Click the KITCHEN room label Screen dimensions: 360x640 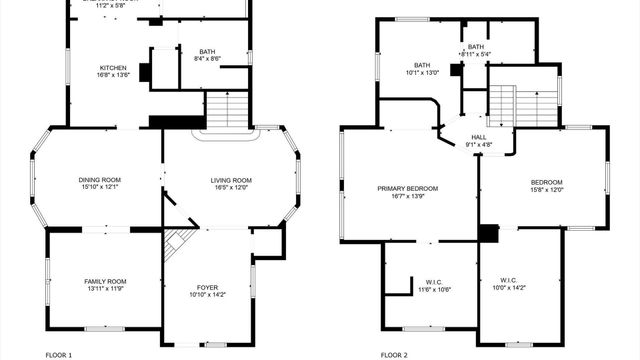[113, 67]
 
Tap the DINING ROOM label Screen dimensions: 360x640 [99, 181]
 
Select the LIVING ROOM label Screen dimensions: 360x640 [231, 181]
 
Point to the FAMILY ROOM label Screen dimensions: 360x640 [105, 282]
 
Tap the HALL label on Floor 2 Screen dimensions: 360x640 [478, 137]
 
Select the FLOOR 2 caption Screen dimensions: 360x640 [394, 354]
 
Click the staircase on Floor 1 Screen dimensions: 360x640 [228, 109]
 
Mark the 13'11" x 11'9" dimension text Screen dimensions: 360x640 [105, 290]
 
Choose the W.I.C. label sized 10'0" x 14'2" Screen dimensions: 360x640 [508, 281]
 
